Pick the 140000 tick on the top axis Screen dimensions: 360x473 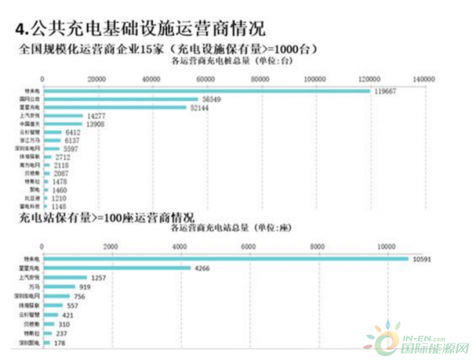pos(423,79)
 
